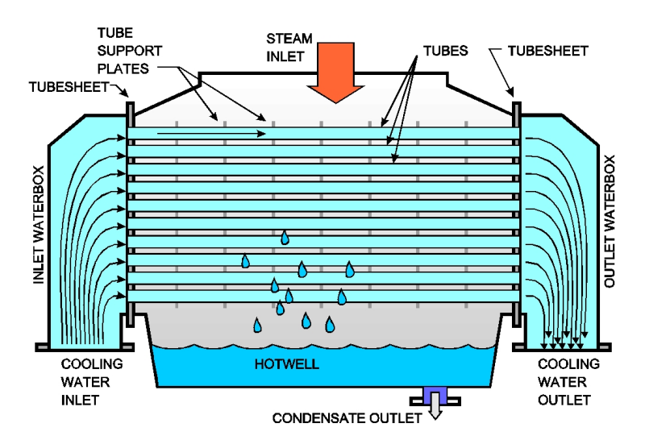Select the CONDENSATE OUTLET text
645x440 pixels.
(347, 418)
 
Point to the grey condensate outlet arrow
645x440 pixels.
(436, 411)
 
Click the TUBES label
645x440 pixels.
(444, 50)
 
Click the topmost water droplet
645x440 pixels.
(285, 238)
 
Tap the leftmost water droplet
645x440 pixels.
(246, 261)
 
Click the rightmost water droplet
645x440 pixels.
(349, 269)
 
